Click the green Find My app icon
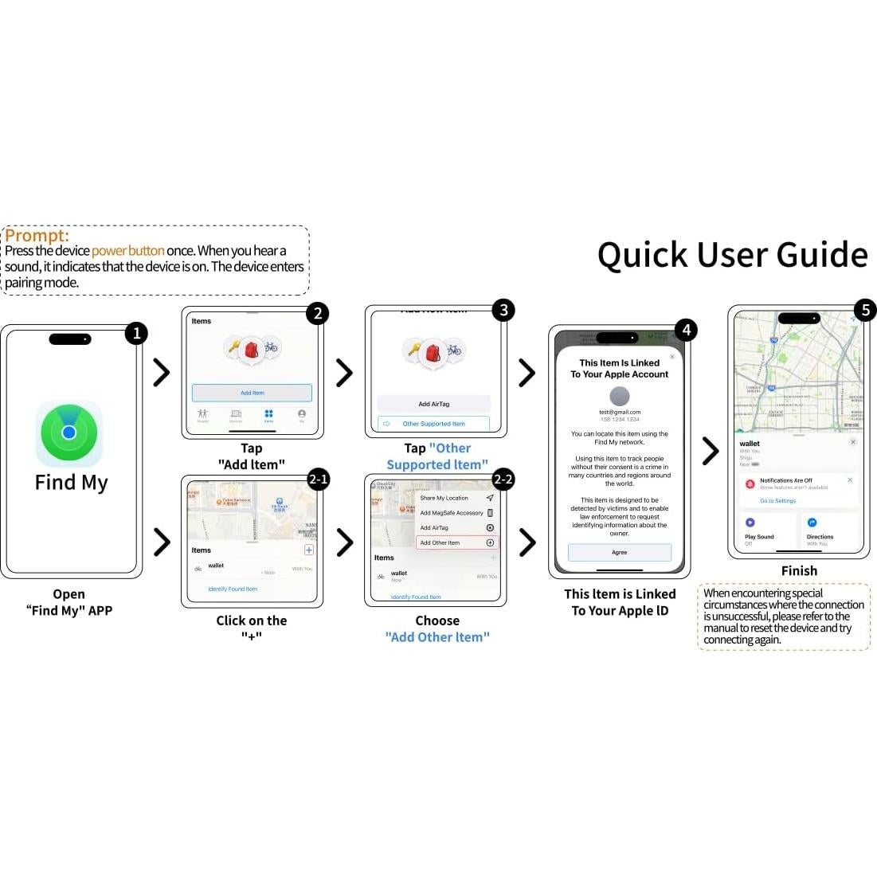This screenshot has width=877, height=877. point(69,433)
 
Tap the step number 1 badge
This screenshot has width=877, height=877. point(136,333)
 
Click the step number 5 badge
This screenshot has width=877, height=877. point(865,310)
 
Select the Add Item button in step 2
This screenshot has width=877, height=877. point(252,393)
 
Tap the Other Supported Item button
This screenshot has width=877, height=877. point(433,424)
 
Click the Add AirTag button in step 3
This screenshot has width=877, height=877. point(433,404)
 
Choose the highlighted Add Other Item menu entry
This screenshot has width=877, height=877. point(456,542)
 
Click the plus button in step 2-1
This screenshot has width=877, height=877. point(309,550)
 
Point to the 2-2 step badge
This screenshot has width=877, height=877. point(503,480)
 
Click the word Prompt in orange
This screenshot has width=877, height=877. point(37,236)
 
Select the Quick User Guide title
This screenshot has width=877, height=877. point(732,255)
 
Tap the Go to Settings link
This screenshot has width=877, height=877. point(777,501)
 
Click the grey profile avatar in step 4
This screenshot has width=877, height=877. point(620,396)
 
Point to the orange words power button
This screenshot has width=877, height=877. point(128,251)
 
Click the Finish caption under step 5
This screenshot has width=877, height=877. point(799,571)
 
